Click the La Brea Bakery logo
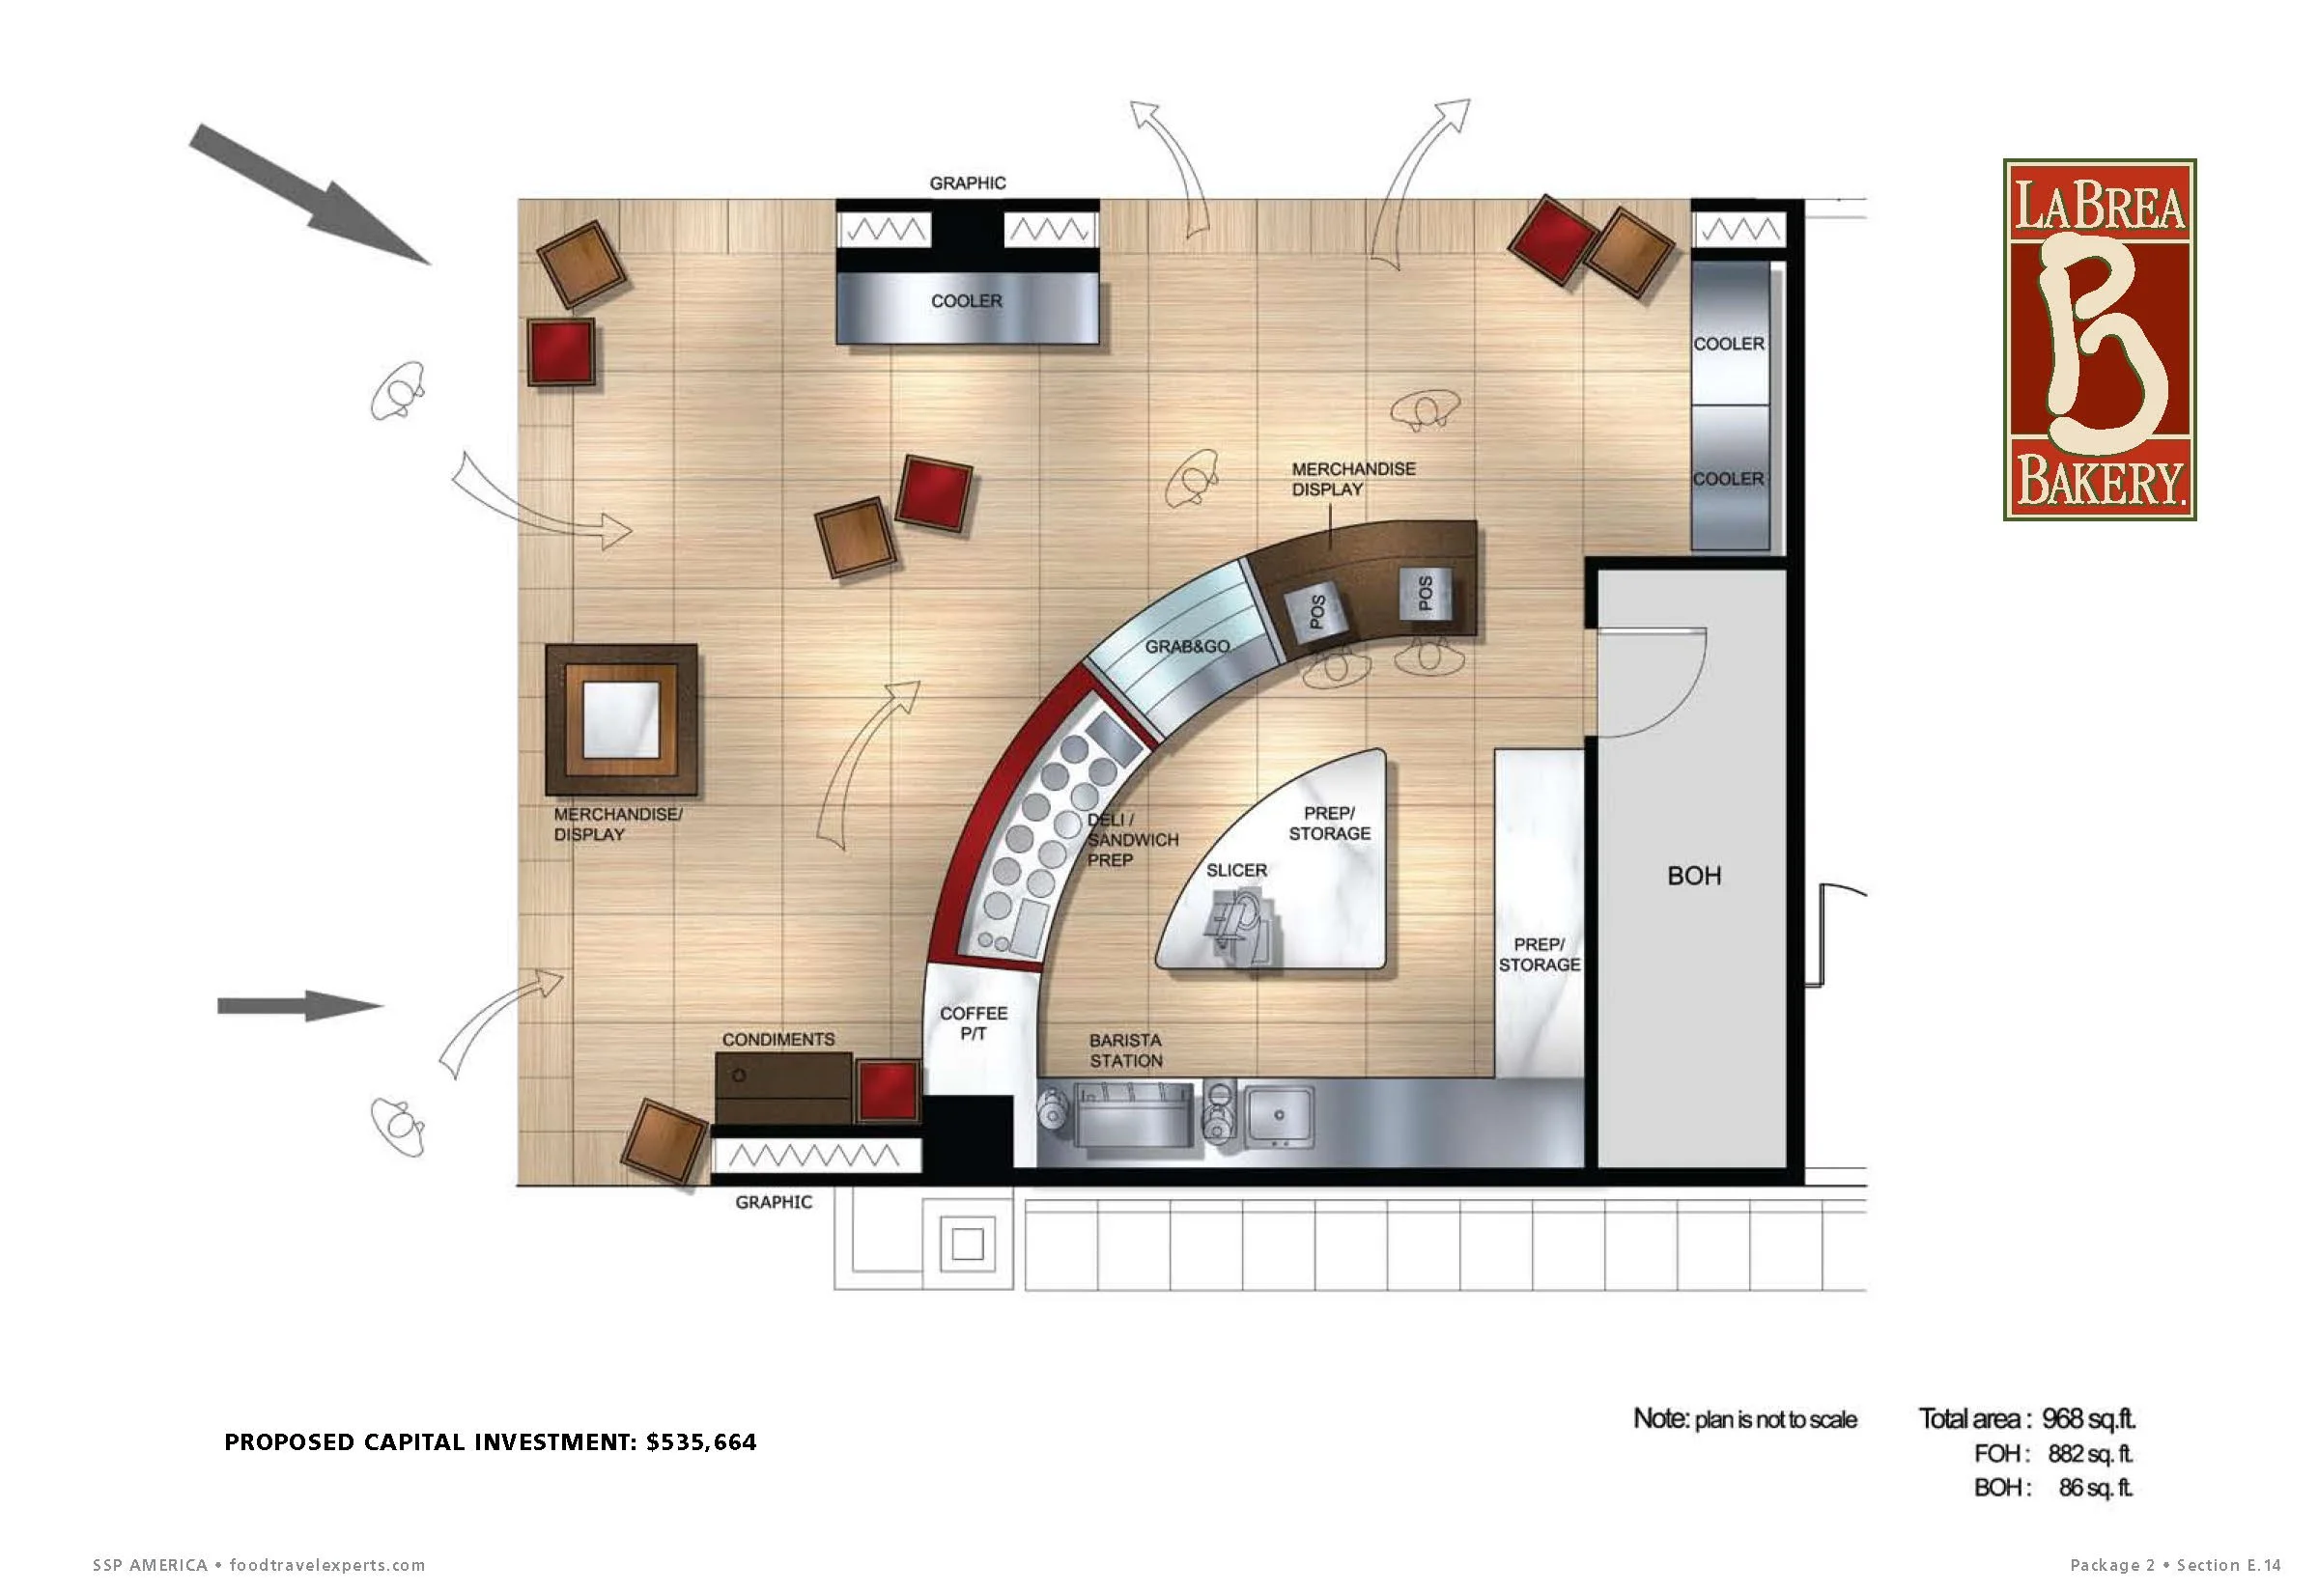tap(2100, 340)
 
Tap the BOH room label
tap(1694, 877)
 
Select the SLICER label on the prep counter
tap(1237, 871)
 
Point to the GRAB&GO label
tap(1187, 647)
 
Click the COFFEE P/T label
tap(974, 1023)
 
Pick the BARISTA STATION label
tap(1125, 1050)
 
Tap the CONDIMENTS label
tap(778, 1039)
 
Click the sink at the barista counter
tap(1278, 1115)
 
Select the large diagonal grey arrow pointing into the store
tap(309, 195)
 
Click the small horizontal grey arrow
tap(300, 1005)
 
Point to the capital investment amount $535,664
tap(702, 1442)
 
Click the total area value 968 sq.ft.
tap(2088, 1418)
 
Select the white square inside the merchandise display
tap(621, 718)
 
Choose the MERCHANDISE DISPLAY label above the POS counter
tap(1354, 479)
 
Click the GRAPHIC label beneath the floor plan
tap(774, 1203)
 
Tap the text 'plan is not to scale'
tap(1776, 1419)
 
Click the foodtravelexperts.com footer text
tap(327, 1565)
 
